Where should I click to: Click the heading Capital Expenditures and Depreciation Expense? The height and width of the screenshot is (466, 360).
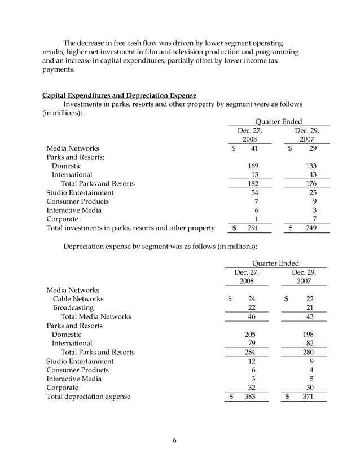point(119,95)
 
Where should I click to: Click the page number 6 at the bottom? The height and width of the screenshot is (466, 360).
point(175,441)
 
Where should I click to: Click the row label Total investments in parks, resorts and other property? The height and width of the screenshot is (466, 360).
point(130,228)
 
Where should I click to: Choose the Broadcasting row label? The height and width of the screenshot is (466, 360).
point(73,307)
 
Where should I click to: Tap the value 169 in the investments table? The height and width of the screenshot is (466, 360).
point(254,166)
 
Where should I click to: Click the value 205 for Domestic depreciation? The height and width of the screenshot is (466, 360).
point(251,334)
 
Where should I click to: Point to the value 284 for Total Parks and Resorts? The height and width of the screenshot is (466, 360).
point(251,352)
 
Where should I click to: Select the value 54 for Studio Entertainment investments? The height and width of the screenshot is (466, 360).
point(255,192)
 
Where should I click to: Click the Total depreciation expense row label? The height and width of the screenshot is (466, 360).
point(88,397)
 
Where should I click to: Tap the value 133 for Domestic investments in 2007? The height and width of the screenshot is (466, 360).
point(310,166)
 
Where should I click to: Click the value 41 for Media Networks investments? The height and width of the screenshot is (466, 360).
point(255,148)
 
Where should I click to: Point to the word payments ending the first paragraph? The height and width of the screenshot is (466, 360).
point(58,71)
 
